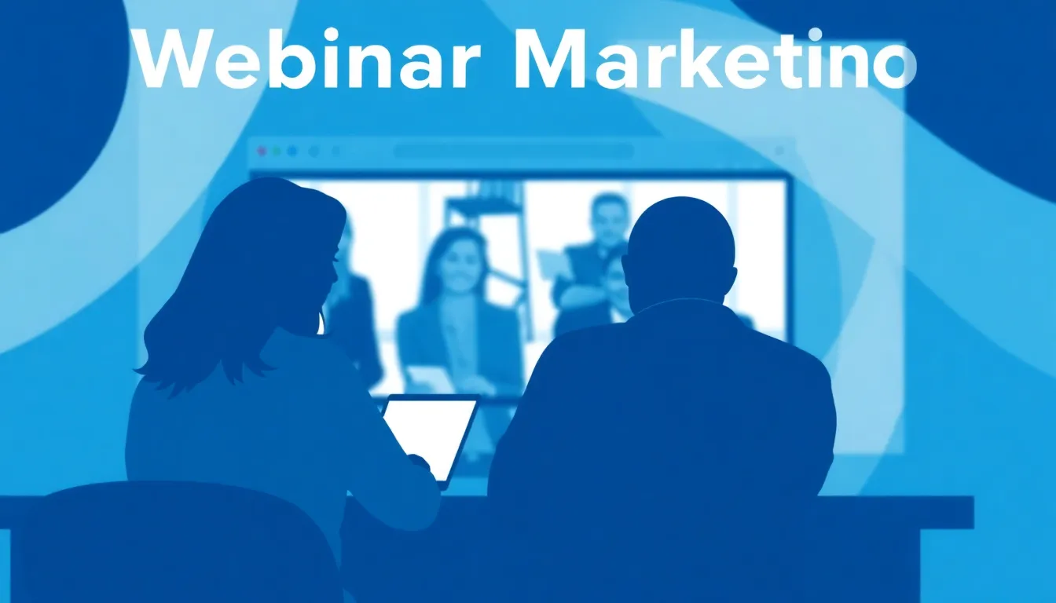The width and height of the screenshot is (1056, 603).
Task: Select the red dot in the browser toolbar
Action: point(262,151)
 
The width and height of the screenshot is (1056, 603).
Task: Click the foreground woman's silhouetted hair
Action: point(228,275)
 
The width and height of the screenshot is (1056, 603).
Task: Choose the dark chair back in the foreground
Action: point(181,542)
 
